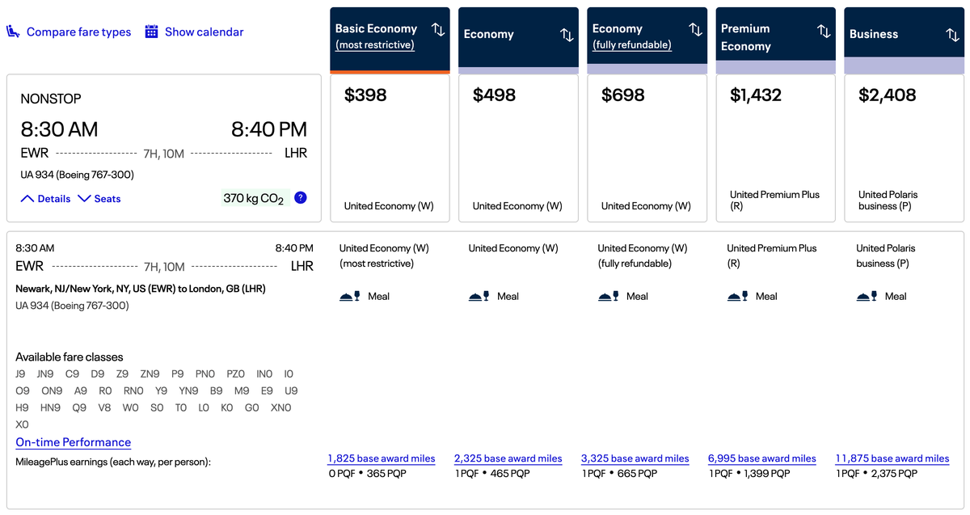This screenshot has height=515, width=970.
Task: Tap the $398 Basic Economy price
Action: (365, 95)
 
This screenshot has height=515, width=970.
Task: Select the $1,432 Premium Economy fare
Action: (756, 95)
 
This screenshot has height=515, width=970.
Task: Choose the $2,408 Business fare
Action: (887, 95)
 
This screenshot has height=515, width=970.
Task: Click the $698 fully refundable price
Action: (623, 95)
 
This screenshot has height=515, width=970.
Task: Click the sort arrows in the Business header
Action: (952, 34)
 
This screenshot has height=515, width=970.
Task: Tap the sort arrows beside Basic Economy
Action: (438, 30)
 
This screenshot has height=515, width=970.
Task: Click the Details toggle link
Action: (46, 199)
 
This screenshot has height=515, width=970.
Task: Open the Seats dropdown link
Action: (99, 199)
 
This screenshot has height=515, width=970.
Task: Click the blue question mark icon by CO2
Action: (301, 197)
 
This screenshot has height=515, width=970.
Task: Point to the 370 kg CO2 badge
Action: (254, 198)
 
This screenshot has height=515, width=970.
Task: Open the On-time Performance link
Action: (74, 442)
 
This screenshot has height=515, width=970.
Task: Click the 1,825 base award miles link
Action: (382, 458)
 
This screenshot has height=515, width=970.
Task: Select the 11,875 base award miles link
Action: (892, 458)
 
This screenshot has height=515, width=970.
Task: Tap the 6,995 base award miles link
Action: (762, 458)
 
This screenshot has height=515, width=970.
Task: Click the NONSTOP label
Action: (51, 99)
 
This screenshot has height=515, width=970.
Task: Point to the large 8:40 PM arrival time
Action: (269, 129)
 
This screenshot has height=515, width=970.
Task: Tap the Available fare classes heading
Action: (70, 357)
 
